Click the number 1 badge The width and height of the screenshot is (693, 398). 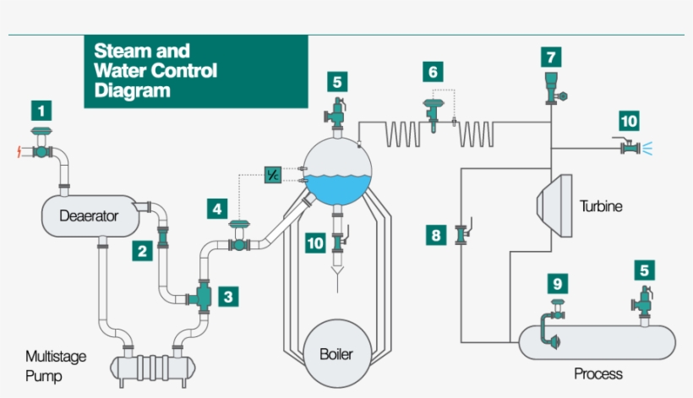[41, 110]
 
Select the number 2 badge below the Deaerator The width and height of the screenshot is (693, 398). [141, 250]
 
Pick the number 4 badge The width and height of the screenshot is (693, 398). [218, 207]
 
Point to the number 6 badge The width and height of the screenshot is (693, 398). [434, 72]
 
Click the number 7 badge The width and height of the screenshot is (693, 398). [551, 57]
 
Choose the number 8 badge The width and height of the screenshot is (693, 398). [435, 235]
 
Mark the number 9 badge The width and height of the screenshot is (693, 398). [556, 283]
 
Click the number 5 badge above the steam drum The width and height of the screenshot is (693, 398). [337, 82]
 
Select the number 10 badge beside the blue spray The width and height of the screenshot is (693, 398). [629, 121]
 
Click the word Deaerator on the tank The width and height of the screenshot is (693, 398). [88, 215]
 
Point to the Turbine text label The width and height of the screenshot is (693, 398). [601, 205]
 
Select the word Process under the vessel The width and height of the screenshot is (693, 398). [598, 373]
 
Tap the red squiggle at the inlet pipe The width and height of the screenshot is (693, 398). [21, 151]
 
